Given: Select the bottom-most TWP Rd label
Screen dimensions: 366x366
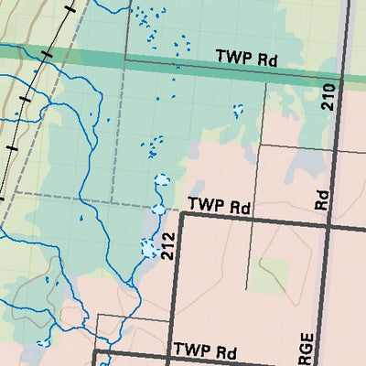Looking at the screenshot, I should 206,351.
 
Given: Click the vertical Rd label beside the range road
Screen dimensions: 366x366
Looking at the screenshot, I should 321,200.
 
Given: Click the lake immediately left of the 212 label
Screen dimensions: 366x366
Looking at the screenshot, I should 148,247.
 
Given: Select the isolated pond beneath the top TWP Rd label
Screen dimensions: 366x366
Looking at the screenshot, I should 239,110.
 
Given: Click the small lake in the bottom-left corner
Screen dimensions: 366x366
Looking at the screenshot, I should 41,343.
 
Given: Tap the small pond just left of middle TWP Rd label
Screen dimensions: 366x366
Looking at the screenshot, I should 158,210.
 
